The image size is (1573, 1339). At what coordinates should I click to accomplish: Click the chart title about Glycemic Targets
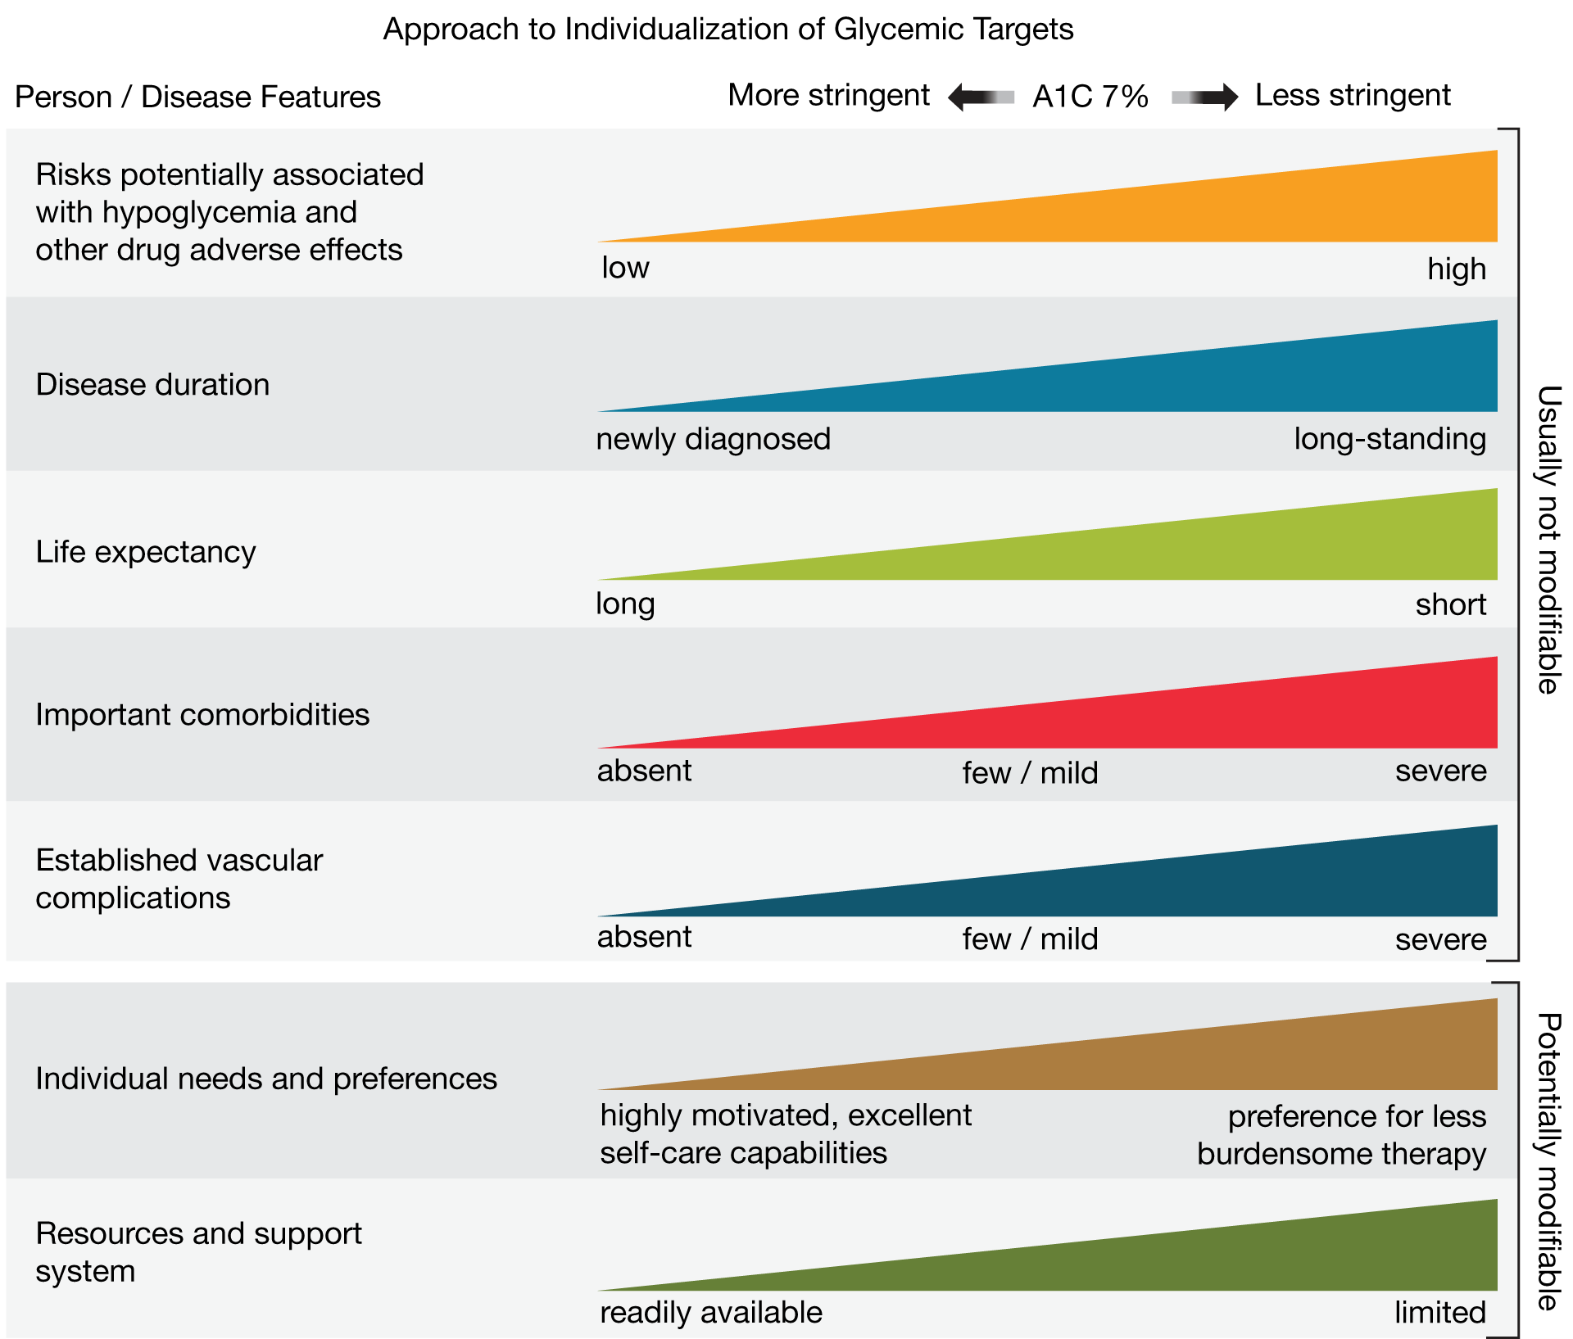728,29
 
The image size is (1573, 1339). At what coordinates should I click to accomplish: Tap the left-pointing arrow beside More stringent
980,97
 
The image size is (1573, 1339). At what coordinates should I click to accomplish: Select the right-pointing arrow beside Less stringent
1204,97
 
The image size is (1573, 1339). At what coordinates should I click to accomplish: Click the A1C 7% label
1090,97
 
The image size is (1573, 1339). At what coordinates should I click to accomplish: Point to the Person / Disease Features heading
197,97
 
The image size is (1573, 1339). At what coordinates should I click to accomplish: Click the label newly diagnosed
713,440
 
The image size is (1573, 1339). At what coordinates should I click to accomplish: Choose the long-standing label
1389,440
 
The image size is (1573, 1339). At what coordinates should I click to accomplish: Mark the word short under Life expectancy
1450,605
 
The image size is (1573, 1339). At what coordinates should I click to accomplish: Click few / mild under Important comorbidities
1030,773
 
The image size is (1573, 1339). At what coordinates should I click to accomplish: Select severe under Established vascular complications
1440,939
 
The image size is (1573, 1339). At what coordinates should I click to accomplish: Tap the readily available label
710,1313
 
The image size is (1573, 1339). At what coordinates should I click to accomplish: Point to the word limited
1439,1313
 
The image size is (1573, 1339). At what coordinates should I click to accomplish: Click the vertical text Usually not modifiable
1547,541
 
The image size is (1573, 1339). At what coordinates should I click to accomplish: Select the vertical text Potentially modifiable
1547,1161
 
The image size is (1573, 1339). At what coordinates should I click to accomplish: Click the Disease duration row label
152,385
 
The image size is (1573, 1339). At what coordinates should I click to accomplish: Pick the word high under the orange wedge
1456,269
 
